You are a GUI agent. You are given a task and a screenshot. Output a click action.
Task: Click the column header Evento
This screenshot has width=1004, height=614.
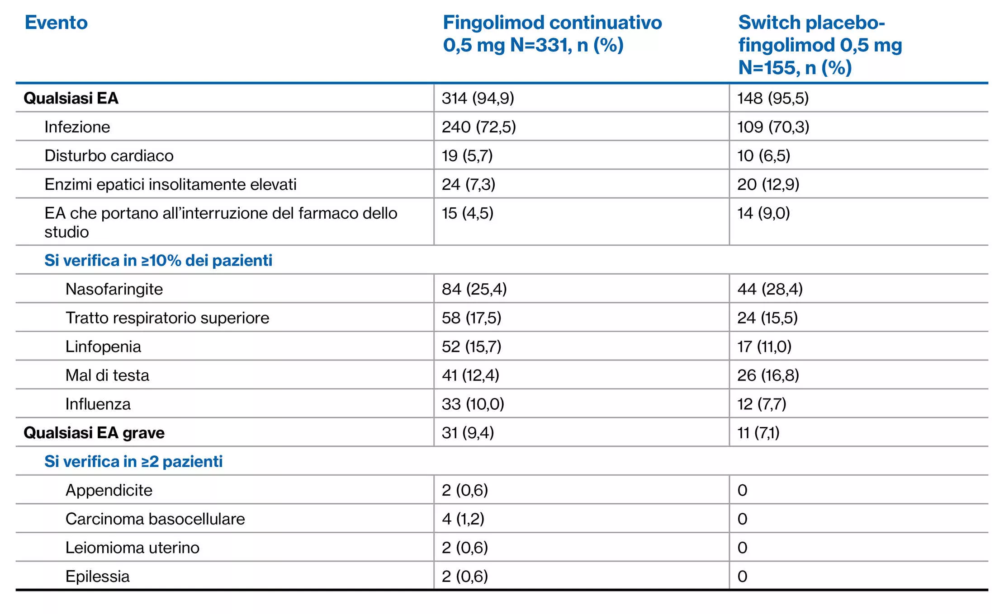(56, 23)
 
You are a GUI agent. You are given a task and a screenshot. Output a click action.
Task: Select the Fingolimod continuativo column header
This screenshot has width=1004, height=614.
(552, 34)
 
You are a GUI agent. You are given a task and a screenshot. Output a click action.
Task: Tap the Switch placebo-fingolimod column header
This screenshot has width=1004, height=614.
(819, 45)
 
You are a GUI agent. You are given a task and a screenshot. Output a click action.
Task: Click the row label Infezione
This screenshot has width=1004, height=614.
(77, 127)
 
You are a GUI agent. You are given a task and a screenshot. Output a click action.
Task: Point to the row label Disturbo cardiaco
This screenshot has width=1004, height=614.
(109, 156)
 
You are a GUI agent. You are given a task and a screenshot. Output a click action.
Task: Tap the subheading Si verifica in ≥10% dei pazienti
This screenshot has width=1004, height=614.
(158, 261)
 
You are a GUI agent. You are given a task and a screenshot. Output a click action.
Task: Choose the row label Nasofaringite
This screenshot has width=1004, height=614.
(114, 289)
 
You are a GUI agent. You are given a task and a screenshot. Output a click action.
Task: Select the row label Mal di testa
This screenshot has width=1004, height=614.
(107, 375)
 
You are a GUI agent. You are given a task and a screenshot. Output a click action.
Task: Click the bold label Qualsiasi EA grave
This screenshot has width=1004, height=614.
(94, 433)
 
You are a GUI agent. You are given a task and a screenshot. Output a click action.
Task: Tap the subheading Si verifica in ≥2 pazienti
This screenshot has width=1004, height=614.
(133, 462)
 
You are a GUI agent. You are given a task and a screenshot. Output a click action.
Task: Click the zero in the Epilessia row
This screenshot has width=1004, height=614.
(742, 577)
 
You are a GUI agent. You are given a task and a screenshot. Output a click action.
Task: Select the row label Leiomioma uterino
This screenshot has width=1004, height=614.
(132, 548)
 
